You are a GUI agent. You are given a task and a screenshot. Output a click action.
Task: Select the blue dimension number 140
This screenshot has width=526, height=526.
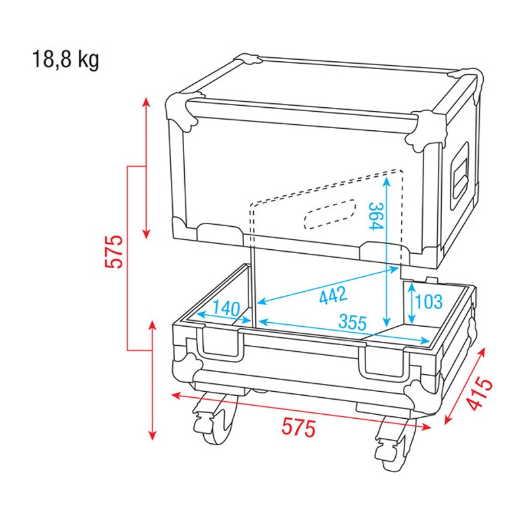pos(225,307)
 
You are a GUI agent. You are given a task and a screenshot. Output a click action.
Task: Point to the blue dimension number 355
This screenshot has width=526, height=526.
pos(352,322)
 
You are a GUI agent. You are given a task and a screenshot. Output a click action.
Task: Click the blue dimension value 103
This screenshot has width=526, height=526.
pos(429,302)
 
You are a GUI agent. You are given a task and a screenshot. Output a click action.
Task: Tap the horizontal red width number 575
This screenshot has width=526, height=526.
pos(299,428)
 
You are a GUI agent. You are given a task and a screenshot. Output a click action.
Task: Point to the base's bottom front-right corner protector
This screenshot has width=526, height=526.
pos(421,394)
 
